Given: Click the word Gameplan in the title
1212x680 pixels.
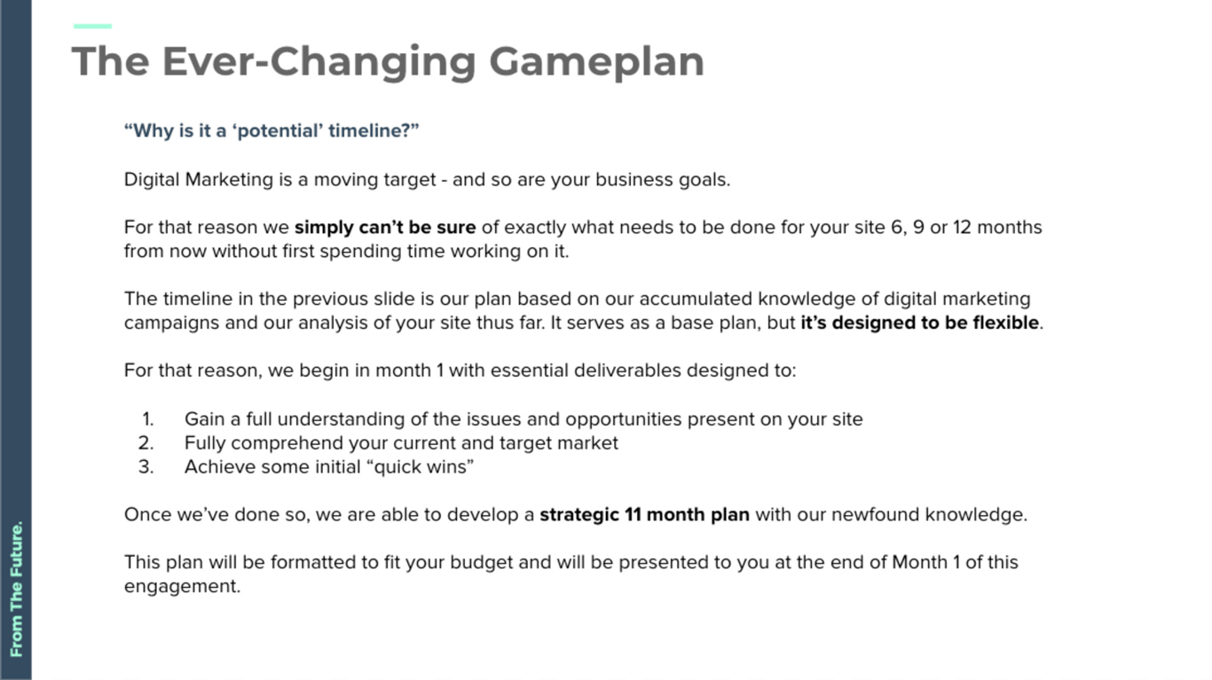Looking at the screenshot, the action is click(596, 62).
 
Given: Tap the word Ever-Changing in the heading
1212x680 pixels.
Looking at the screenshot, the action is click(319, 62).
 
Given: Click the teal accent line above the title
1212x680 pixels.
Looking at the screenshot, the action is click(92, 26).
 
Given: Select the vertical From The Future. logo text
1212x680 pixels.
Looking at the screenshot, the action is click(16, 589).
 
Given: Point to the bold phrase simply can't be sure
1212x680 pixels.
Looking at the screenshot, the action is click(385, 228).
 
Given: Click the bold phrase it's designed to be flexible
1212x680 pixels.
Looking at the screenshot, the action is click(920, 323).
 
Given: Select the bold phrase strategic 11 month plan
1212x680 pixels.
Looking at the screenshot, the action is click(644, 514).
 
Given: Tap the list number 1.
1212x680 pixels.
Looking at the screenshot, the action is click(147, 419).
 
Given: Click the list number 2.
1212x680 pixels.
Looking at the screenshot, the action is click(146, 443).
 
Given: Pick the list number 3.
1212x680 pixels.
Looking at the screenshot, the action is click(146, 467).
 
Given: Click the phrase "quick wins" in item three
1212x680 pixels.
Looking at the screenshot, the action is click(420, 467).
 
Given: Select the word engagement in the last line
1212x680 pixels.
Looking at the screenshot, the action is click(183, 587).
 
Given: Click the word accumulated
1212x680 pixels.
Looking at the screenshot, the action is click(696, 299).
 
